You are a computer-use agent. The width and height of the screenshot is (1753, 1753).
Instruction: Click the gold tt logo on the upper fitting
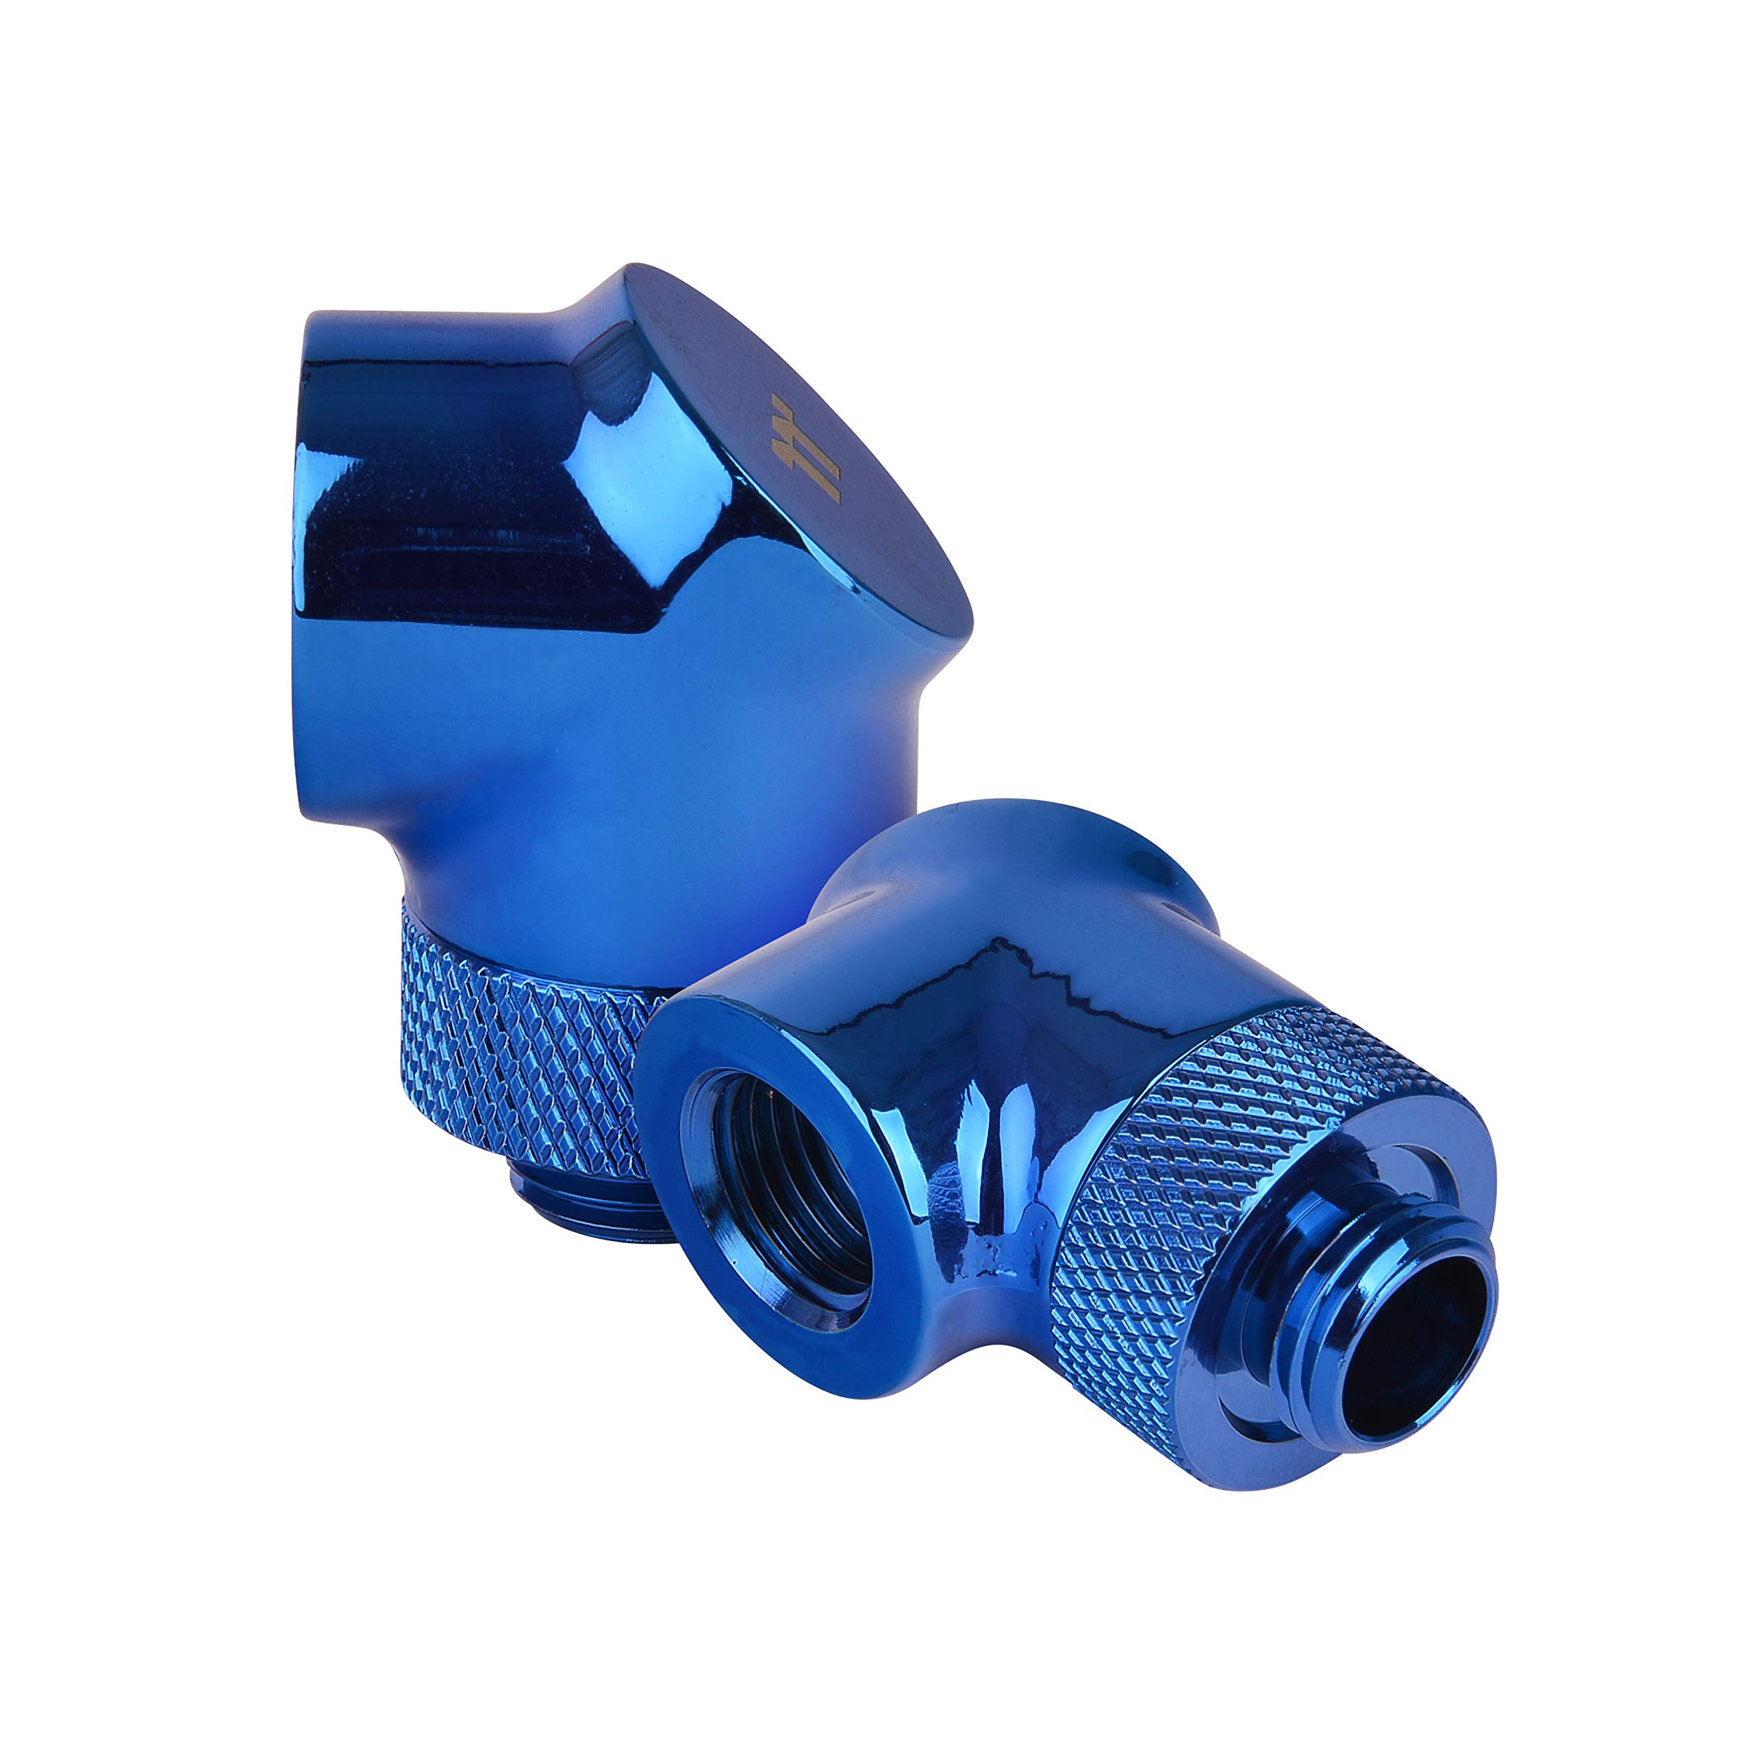click(x=806, y=447)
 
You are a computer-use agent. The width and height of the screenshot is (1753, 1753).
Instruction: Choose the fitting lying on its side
click(x=1044, y=1134)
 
